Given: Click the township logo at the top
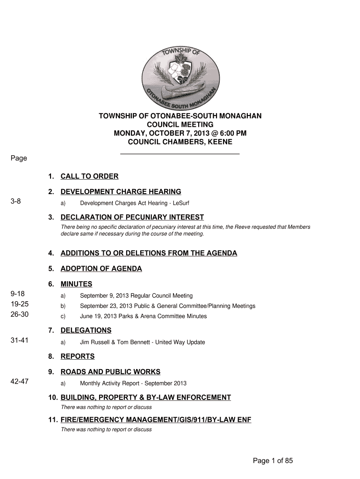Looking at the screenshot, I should pyautogui.click(x=180, y=76).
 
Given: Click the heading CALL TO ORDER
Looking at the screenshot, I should pyautogui.click(x=89, y=176).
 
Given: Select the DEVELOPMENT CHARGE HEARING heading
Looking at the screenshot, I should pyautogui.click(x=121, y=192).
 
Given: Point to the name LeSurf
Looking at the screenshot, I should pyautogui.click(x=180, y=203).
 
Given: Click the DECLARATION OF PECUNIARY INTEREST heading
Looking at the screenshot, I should pyautogui.click(x=132, y=217).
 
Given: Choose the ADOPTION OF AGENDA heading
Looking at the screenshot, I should pyautogui.click(x=101, y=269).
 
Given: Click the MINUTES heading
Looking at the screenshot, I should pyautogui.click(x=76, y=284).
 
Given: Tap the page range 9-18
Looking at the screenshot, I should pyautogui.click(x=17, y=294).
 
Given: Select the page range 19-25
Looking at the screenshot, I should pyautogui.click(x=19, y=305).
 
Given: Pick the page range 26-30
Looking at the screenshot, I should pyautogui.click(x=19, y=315).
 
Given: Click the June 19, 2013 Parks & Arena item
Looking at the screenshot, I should pyautogui.click(x=143, y=316).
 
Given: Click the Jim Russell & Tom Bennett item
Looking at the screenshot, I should pyautogui.click(x=142, y=342).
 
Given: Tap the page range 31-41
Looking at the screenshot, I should pyautogui.click(x=19, y=341).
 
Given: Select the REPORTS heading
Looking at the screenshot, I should pyautogui.click(x=77, y=356).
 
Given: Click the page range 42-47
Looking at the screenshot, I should pyautogui.click(x=19, y=382).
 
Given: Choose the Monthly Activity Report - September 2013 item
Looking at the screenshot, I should pyautogui.click(x=133, y=384).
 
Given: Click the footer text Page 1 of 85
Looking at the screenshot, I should pyautogui.click(x=273, y=461).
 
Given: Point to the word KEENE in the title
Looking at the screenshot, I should pyautogui.click(x=221, y=142).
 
